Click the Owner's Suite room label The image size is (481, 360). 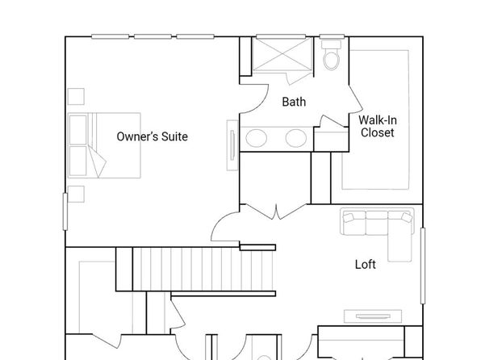click(x=153, y=136)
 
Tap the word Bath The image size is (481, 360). click(x=294, y=102)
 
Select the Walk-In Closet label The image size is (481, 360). click(x=378, y=126)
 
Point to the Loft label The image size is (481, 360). click(x=366, y=264)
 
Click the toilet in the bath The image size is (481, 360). click(x=332, y=55)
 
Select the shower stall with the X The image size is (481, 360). click(x=282, y=55)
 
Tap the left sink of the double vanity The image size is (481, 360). click(x=256, y=138)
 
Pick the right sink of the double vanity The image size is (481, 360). click(x=296, y=138)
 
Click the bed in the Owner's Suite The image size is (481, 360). click(x=104, y=145)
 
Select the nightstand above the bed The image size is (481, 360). click(x=76, y=96)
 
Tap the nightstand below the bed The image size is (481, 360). click(x=76, y=194)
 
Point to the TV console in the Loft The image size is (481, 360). click(x=373, y=316)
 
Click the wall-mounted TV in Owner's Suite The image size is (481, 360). click(x=232, y=145)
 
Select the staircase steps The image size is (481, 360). click(x=203, y=269)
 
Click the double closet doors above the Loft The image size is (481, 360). click(x=276, y=211)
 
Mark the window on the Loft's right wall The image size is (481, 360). click(x=423, y=266)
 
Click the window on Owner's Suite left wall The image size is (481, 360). click(x=65, y=211)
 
